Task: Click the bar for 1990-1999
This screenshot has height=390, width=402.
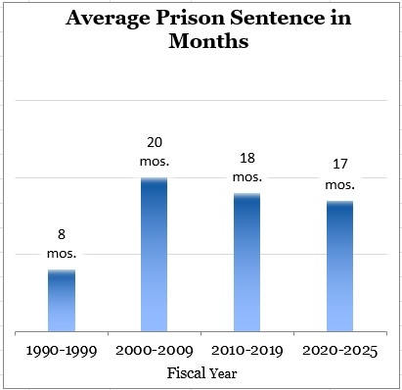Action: pyautogui.click(x=62, y=300)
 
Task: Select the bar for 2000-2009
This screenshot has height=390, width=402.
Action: pyautogui.click(x=155, y=254)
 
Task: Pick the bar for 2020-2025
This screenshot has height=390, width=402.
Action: pyautogui.click(x=339, y=266)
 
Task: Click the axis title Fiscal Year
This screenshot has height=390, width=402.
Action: pyautogui.click(x=201, y=372)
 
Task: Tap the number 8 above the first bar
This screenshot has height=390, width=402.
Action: pyautogui.click(x=61, y=235)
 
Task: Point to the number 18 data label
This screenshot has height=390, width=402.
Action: pyautogui.click(x=247, y=159)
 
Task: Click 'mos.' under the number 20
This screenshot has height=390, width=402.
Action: pyautogui.click(x=155, y=160)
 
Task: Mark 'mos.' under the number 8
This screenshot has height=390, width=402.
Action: pyautogui.click(x=61, y=253)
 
